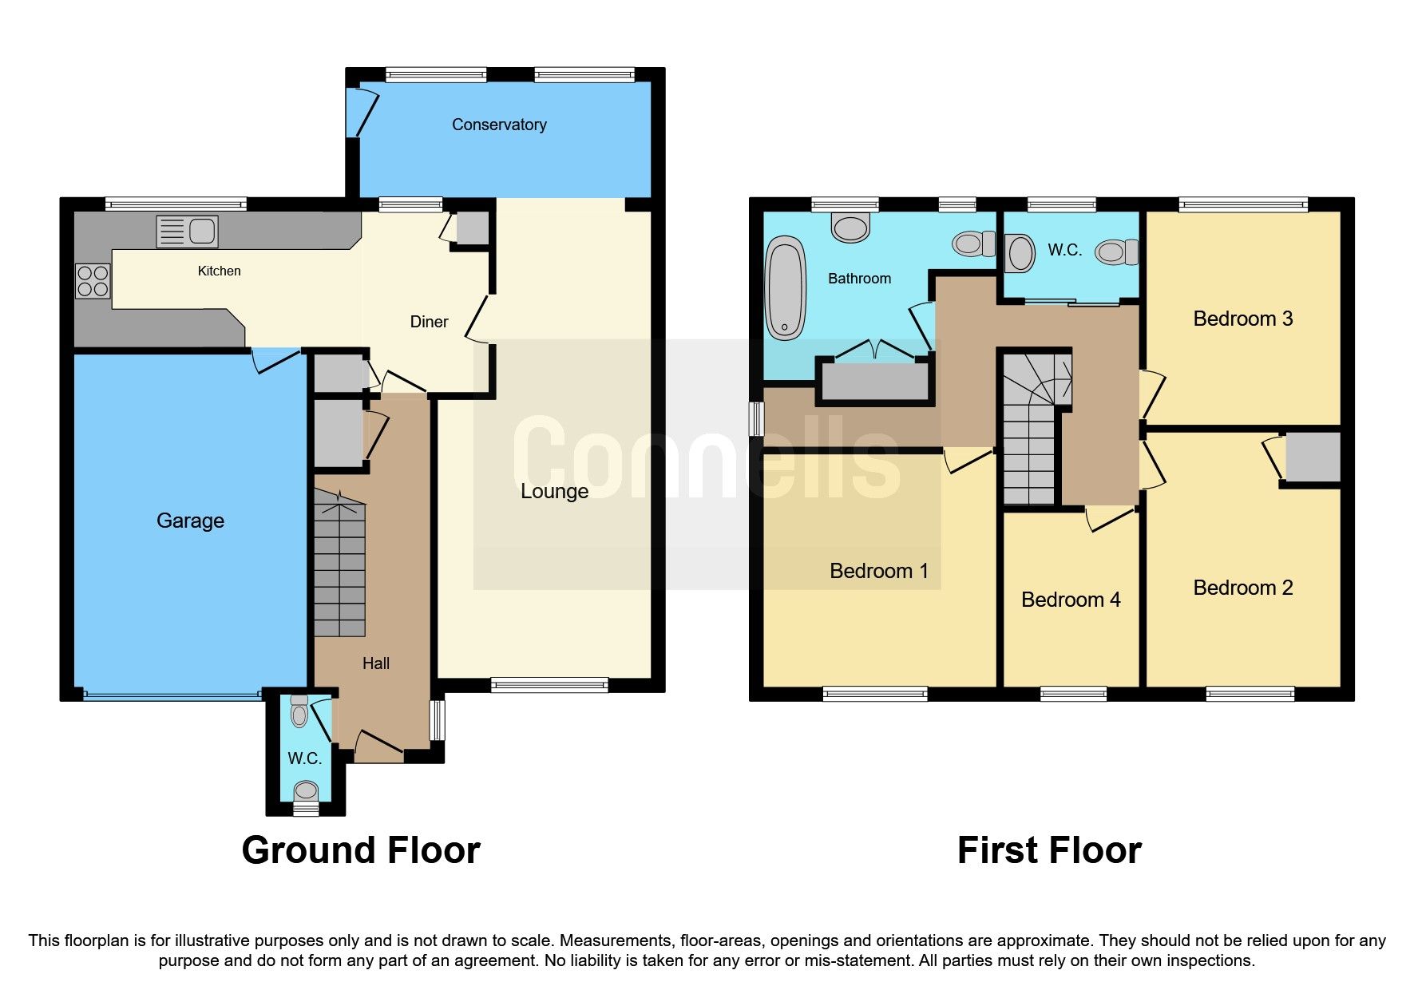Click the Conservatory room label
[499, 125]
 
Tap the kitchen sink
[187, 232]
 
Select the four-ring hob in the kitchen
[93, 281]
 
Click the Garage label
[190, 521]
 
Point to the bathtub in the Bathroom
[786, 287]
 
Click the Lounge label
[554, 491]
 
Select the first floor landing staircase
[1031, 431]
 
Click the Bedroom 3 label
[1242, 319]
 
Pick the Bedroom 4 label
[1070, 600]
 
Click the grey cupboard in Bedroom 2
[1312, 457]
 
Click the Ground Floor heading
[361, 850]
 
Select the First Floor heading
[1048, 850]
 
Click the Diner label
[429, 322]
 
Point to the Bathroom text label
[859, 279]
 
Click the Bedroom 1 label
[878, 571]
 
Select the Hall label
[375, 663]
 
